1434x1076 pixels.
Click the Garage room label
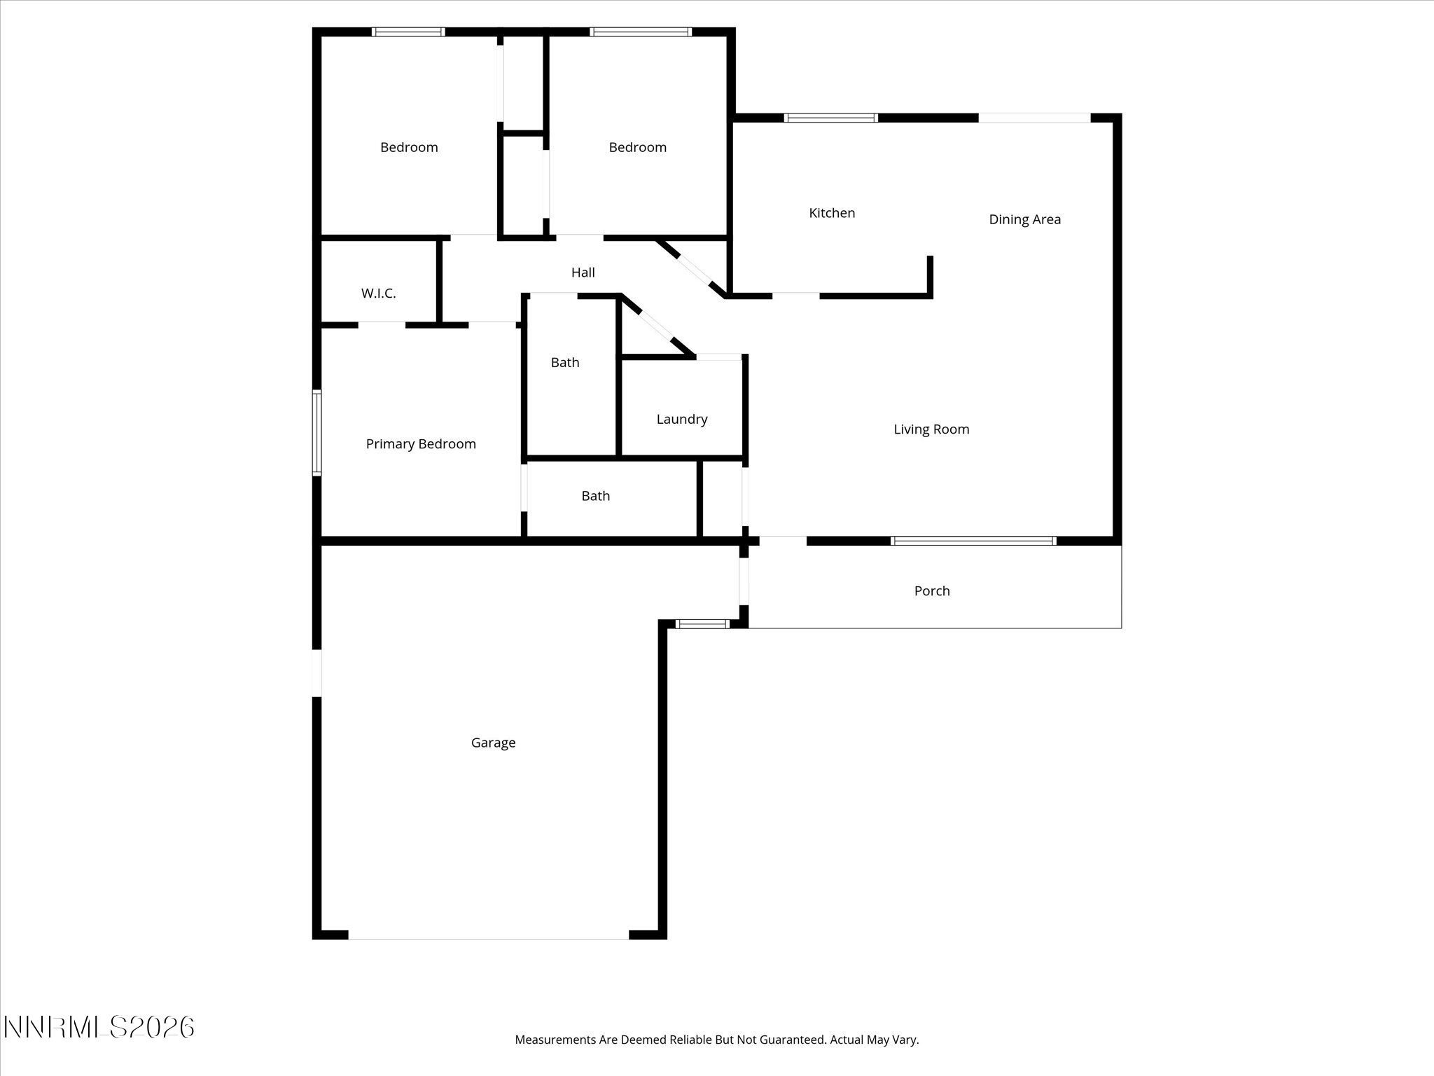coord(493,743)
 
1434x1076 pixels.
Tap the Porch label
coord(932,591)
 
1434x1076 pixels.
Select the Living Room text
coord(931,429)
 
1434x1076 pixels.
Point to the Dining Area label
coord(1024,219)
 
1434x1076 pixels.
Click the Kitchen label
coord(832,213)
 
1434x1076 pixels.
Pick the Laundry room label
coord(681,419)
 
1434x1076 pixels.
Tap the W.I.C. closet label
coord(378,294)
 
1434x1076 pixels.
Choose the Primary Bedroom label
coord(421,443)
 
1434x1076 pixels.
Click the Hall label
coord(583,273)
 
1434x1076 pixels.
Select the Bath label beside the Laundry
coord(564,362)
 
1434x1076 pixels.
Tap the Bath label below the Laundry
coord(595,496)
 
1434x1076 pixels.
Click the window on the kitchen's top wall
coord(830,118)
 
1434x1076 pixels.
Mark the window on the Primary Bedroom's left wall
coord(316,433)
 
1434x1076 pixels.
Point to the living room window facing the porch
coord(973,540)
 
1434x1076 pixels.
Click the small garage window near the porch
coord(702,623)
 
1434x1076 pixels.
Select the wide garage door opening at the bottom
coord(488,937)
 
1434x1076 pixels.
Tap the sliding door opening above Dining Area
coord(1033,118)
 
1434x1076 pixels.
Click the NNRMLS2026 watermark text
coord(99,1028)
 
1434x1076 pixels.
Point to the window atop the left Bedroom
coord(408,32)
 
